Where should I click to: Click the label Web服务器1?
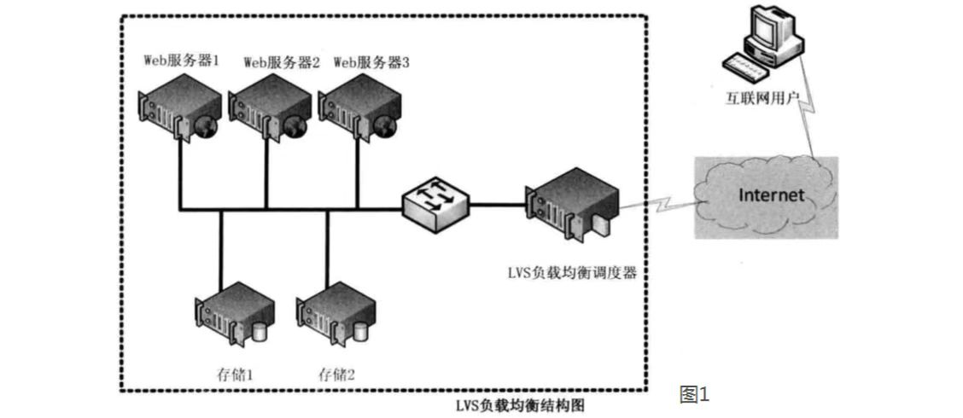click(182, 61)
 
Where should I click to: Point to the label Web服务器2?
click(282, 61)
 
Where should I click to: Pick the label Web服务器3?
click(371, 61)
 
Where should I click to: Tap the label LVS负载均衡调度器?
click(572, 273)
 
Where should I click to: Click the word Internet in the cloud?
click(771, 195)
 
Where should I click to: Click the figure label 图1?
click(694, 394)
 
